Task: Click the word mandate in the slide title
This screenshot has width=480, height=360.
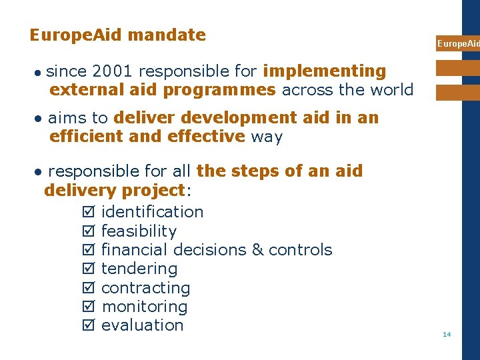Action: coord(167,35)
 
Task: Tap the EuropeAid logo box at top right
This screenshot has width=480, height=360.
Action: coord(457,43)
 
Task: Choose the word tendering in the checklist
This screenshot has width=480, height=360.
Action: coord(139,269)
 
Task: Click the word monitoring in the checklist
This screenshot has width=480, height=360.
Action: coord(144,307)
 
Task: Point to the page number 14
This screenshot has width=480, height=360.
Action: coord(447,334)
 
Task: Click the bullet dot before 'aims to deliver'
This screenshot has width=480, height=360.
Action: coord(39,119)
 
